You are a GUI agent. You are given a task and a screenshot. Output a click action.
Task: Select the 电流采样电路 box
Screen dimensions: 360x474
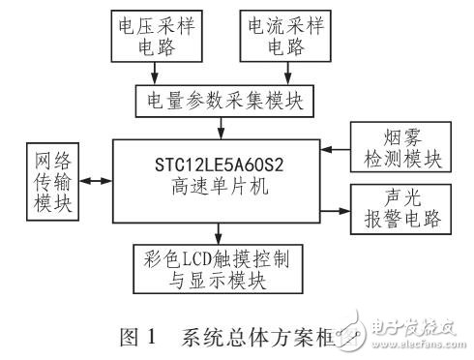click(x=286, y=37)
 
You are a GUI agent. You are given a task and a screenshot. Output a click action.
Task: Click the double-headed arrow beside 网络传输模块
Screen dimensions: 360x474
click(x=96, y=180)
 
